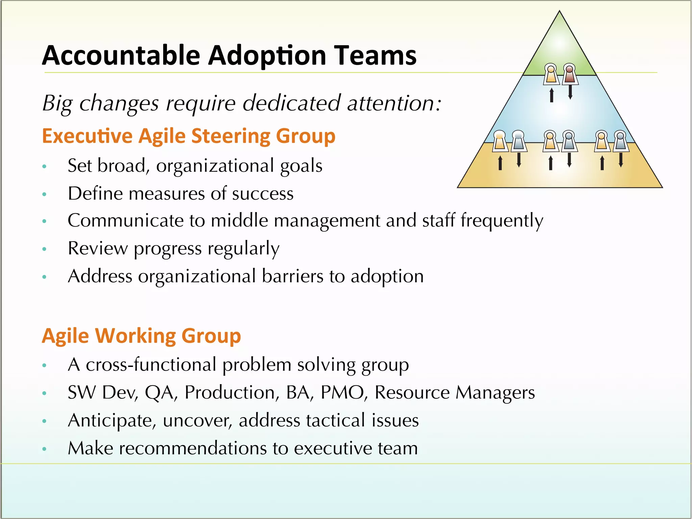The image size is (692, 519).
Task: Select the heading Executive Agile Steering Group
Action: pos(189,136)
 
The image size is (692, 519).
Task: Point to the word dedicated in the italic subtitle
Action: pos(291,103)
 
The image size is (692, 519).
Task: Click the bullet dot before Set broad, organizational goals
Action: pos(44,167)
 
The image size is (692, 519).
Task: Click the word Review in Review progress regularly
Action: pos(98,248)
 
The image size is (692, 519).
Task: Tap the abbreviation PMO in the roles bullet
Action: pos(342,392)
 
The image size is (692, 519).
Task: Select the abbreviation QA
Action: pos(161,392)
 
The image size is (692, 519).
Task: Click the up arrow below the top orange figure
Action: pos(551,95)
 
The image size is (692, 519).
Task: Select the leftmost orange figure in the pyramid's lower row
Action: pos(499,141)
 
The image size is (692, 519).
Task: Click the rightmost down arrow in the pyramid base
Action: pos(621,160)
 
